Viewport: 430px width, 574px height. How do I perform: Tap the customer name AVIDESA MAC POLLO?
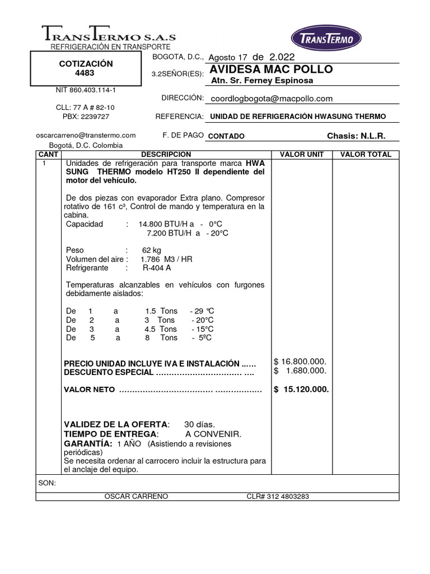(271, 70)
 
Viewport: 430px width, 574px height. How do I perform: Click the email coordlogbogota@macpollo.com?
(271, 99)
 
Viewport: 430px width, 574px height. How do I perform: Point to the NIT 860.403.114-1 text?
(86, 90)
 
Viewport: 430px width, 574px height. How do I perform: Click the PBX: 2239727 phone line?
(86, 117)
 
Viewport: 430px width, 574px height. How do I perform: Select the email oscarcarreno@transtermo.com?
(86, 135)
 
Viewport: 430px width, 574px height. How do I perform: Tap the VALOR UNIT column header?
(301, 155)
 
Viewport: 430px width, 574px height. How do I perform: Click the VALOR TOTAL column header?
(366, 155)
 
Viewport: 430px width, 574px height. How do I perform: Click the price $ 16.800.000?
(300, 361)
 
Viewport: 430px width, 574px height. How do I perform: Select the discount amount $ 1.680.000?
(300, 371)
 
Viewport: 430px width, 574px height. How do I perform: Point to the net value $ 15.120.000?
(301, 390)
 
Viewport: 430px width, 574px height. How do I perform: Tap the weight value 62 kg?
(151, 250)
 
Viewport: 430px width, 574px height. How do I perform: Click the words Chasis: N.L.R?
(356, 136)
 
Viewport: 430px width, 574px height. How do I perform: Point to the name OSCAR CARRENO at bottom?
(136, 497)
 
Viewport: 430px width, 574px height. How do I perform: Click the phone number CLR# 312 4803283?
(278, 497)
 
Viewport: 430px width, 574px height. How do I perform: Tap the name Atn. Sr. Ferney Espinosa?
(262, 81)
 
